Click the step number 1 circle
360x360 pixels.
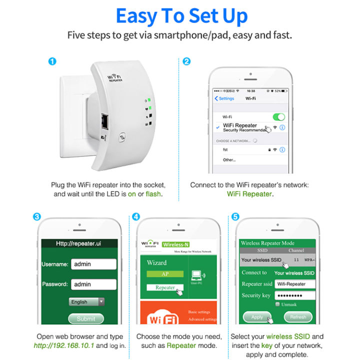tap(52, 62)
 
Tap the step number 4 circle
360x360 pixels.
tap(136, 217)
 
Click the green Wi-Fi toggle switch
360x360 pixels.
tap(278, 117)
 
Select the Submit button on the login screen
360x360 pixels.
tap(86, 318)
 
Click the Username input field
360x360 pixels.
tap(93, 264)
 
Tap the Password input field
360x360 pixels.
tap(93, 284)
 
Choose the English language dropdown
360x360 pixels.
tap(86, 302)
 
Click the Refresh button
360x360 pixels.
tap(298, 317)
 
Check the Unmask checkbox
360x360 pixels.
tap(277, 304)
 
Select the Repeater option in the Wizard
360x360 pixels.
tap(165, 287)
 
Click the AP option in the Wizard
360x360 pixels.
tap(165, 274)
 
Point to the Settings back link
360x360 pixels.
tap(224, 98)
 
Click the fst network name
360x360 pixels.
tap(225, 149)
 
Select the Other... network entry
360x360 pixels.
tap(229, 159)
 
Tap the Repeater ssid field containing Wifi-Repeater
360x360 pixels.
tap(294, 284)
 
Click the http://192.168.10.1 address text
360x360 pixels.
tap(64, 345)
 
